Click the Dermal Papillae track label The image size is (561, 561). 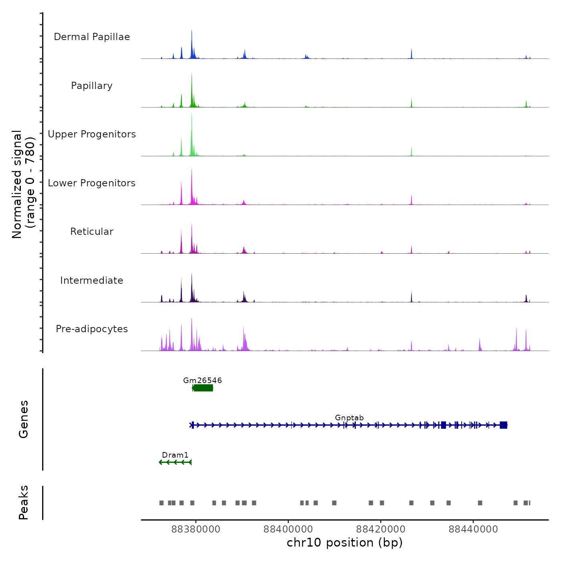click(92, 37)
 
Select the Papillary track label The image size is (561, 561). click(92, 86)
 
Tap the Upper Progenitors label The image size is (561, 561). click(92, 134)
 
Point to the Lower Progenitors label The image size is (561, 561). click(92, 183)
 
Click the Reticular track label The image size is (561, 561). click(92, 232)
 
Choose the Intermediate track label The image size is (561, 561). click(92, 280)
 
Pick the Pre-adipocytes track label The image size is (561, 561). click(92, 329)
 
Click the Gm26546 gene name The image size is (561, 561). click(202, 380)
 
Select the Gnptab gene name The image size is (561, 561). click(349, 418)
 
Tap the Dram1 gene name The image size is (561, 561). click(175, 455)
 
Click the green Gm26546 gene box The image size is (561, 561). click(203, 388)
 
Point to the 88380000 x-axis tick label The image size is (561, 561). click(196, 529)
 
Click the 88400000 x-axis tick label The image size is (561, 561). click(288, 529)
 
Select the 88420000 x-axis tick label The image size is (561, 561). click(381, 529)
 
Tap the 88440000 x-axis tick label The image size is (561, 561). click(473, 529)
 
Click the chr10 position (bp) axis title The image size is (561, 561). click(345, 543)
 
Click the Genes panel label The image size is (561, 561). click(23, 419)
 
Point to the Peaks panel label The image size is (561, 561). click(23, 502)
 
